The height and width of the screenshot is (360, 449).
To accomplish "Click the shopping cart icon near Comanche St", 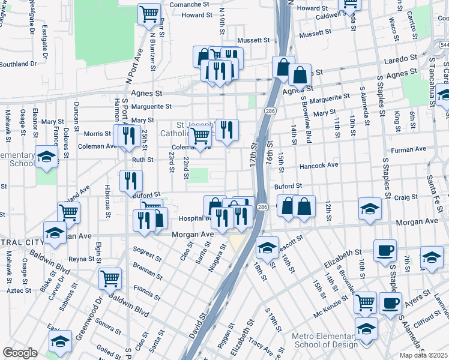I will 149,14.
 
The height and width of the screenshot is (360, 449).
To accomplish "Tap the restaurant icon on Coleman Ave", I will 127,136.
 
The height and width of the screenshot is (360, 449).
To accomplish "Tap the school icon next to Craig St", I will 370,209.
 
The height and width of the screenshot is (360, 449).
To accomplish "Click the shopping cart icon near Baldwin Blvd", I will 110,278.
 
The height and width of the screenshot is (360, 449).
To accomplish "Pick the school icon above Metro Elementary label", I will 366,329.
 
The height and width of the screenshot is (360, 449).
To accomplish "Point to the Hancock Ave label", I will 318,165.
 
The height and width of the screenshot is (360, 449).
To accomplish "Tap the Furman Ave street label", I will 409,149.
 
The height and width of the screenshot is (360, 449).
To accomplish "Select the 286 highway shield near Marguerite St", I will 271,111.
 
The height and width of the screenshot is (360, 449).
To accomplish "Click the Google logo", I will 20,353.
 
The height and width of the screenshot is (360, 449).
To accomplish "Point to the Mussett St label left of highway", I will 253,40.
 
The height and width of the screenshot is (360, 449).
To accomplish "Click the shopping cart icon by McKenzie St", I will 365,303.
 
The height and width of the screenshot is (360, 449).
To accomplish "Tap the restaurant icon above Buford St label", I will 131,181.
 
